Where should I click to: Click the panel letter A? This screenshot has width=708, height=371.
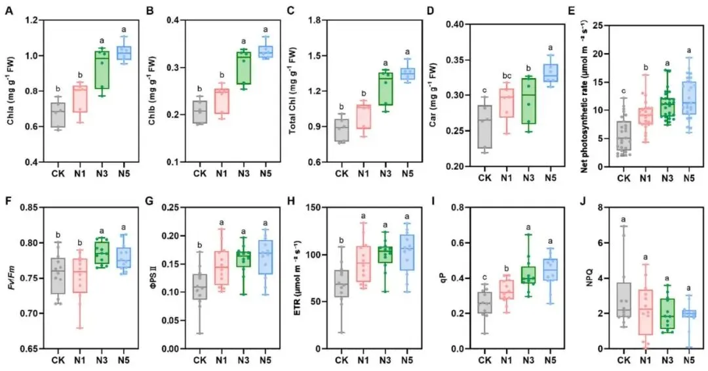(x=9, y=10)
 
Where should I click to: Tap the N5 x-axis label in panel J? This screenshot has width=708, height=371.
(x=687, y=359)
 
